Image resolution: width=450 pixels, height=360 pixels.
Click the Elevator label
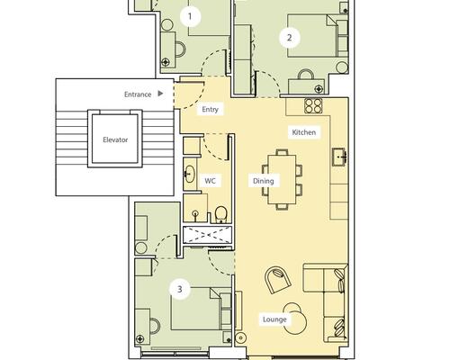(x=115, y=139)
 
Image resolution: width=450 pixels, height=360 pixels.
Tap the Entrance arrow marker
(x=160, y=94)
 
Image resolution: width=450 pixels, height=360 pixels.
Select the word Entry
(x=210, y=109)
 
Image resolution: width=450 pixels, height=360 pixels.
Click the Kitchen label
(x=303, y=132)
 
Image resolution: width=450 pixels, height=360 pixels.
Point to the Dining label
(x=264, y=181)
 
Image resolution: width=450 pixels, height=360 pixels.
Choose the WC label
(x=210, y=181)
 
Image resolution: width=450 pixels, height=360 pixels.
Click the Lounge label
(x=274, y=319)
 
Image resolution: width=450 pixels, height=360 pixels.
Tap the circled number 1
(x=190, y=16)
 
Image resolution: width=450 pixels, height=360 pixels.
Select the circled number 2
(x=289, y=38)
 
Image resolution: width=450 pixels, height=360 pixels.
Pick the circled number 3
(x=180, y=289)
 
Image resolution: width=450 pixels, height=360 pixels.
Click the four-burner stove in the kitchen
(x=313, y=106)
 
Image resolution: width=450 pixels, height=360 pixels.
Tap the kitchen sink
(x=340, y=157)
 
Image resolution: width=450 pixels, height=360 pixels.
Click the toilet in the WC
(x=221, y=215)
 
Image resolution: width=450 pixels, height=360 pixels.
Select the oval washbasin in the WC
(x=189, y=174)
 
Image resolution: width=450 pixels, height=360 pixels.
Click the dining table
(x=282, y=179)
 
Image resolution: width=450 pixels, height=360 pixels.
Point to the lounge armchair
(x=278, y=280)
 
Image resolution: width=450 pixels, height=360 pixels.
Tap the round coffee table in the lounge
(x=295, y=322)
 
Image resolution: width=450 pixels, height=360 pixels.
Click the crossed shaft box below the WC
(x=207, y=234)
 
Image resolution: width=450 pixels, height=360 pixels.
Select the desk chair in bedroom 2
(x=306, y=75)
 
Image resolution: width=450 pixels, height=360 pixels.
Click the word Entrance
(x=138, y=94)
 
